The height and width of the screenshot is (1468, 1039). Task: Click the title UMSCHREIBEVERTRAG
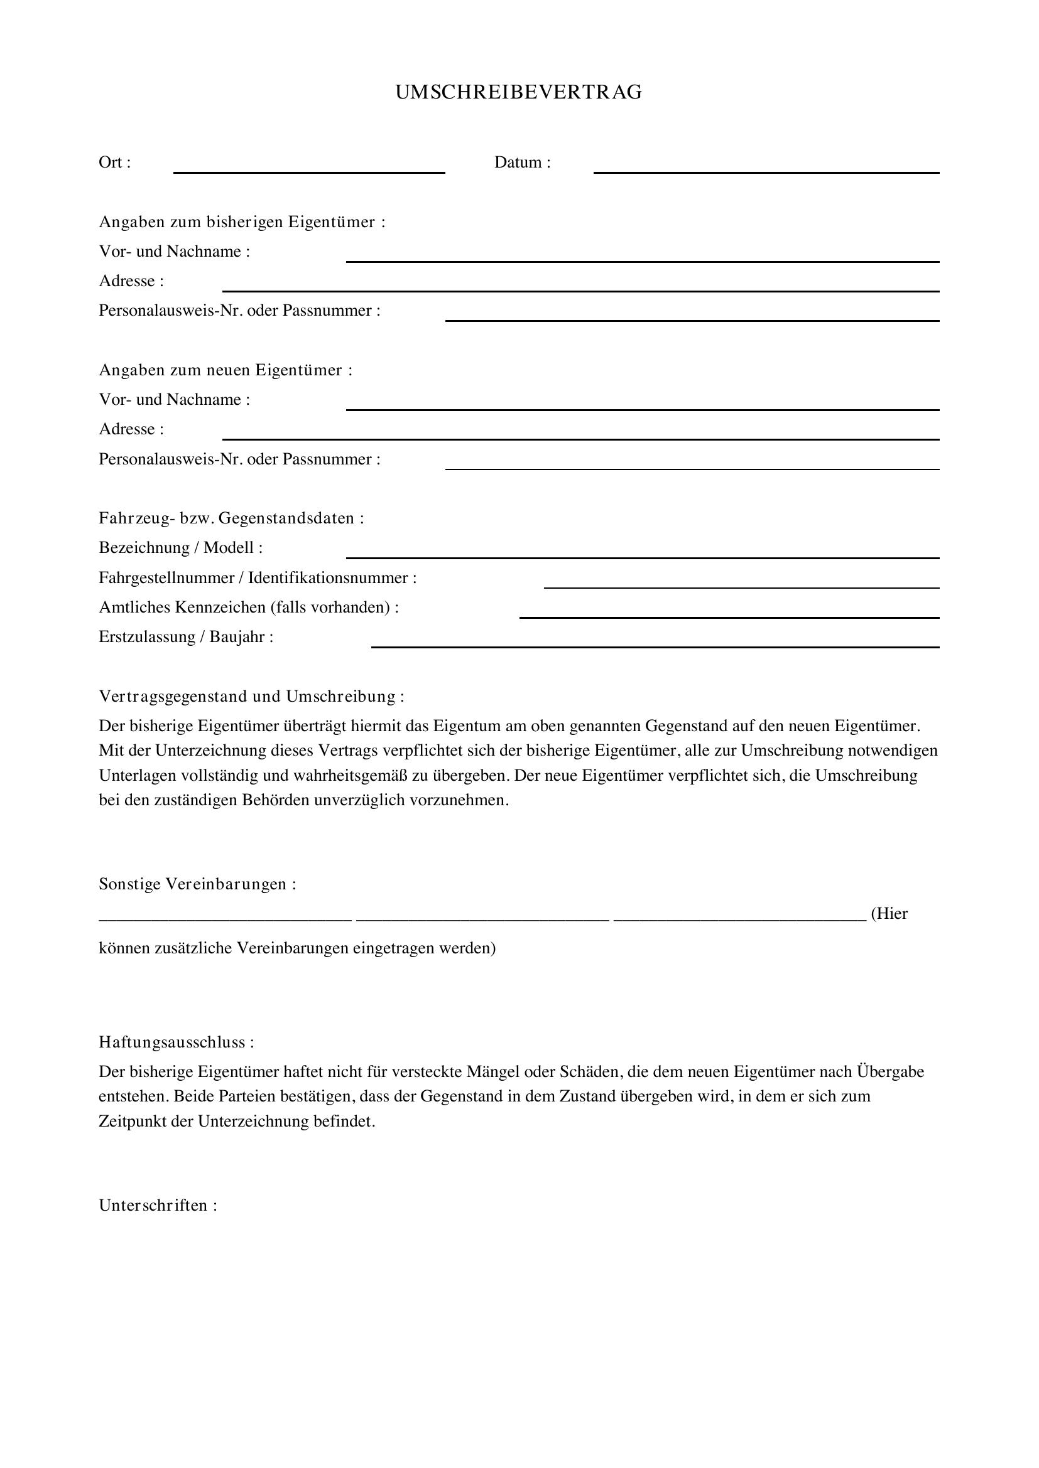518,93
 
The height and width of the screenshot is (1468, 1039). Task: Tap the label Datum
521,163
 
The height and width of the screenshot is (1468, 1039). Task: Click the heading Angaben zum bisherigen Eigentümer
242,222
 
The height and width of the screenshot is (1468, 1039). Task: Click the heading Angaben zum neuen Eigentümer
226,370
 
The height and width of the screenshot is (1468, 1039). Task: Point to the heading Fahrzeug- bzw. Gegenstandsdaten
231,518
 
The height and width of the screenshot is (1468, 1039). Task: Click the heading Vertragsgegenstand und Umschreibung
251,696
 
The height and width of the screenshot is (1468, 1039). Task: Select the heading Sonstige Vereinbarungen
197,884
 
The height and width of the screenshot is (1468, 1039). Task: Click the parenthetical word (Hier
889,914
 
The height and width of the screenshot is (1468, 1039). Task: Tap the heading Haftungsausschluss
176,1042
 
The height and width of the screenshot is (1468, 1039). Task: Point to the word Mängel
492,1071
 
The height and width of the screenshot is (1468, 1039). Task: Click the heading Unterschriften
158,1205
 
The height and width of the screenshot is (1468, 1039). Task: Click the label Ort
114,163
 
